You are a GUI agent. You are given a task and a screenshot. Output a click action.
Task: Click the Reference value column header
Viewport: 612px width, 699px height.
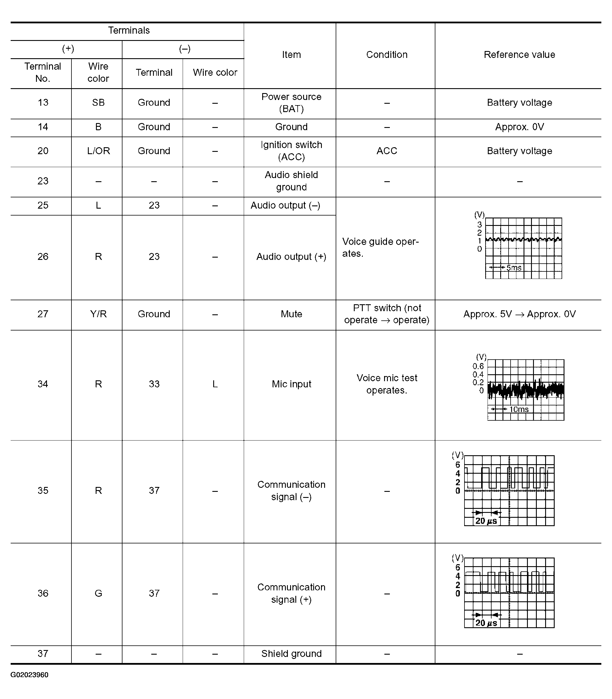pyautogui.click(x=519, y=55)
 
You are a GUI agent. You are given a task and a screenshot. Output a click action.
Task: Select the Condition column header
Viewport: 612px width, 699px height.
pyautogui.click(x=387, y=55)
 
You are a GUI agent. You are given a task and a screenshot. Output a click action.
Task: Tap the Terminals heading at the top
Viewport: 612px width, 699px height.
pyautogui.click(x=129, y=30)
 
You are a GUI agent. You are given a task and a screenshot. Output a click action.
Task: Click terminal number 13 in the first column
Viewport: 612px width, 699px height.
pyautogui.click(x=43, y=103)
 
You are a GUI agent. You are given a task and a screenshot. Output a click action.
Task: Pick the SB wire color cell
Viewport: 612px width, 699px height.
pyautogui.click(x=98, y=103)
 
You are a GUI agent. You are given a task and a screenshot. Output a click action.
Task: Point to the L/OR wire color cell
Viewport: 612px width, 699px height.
pyautogui.click(x=98, y=151)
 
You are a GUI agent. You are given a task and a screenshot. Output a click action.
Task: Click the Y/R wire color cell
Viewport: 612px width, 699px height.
pyautogui.click(x=98, y=314)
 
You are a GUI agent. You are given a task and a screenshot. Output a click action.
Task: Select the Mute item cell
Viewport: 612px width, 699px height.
pyautogui.click(x=291, y=314)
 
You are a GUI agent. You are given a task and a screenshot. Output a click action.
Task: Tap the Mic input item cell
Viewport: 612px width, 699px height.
pyautogui.click(x=291, y=384)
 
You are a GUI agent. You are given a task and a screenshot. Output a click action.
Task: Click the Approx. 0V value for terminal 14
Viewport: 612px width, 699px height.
pyautogui.click(x=519, y=127)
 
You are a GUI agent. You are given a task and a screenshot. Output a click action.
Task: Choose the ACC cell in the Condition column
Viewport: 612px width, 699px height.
pyautogui.click(x=387, y=151)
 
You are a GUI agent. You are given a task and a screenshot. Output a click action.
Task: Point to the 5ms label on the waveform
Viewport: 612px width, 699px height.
pyautogui.click(x=514, y=268)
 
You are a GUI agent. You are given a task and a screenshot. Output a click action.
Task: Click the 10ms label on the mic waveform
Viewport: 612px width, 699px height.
pyautogui.click(x=519, y=409)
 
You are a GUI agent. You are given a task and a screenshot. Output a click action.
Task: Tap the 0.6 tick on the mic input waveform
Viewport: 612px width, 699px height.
pyautogui.click(x=478, y=366)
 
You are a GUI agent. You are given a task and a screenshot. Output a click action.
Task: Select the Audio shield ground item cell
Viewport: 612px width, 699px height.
pyautogui.click(x=291, y=181)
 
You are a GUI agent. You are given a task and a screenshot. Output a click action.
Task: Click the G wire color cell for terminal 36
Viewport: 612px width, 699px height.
pyautogui.click(x=98, y=593)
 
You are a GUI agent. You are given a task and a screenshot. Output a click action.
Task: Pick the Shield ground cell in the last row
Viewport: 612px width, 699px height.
pyautogui.click(x=291, y=653)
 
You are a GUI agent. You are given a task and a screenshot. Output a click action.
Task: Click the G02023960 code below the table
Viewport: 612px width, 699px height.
pyautogui.click(x=29, y=675)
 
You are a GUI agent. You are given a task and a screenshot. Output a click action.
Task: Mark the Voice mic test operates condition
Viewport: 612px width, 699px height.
pyautogui.click(x=387, y=384)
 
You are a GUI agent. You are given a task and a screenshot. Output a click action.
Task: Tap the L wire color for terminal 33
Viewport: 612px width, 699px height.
pyautogui.click(x=215, y=384)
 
